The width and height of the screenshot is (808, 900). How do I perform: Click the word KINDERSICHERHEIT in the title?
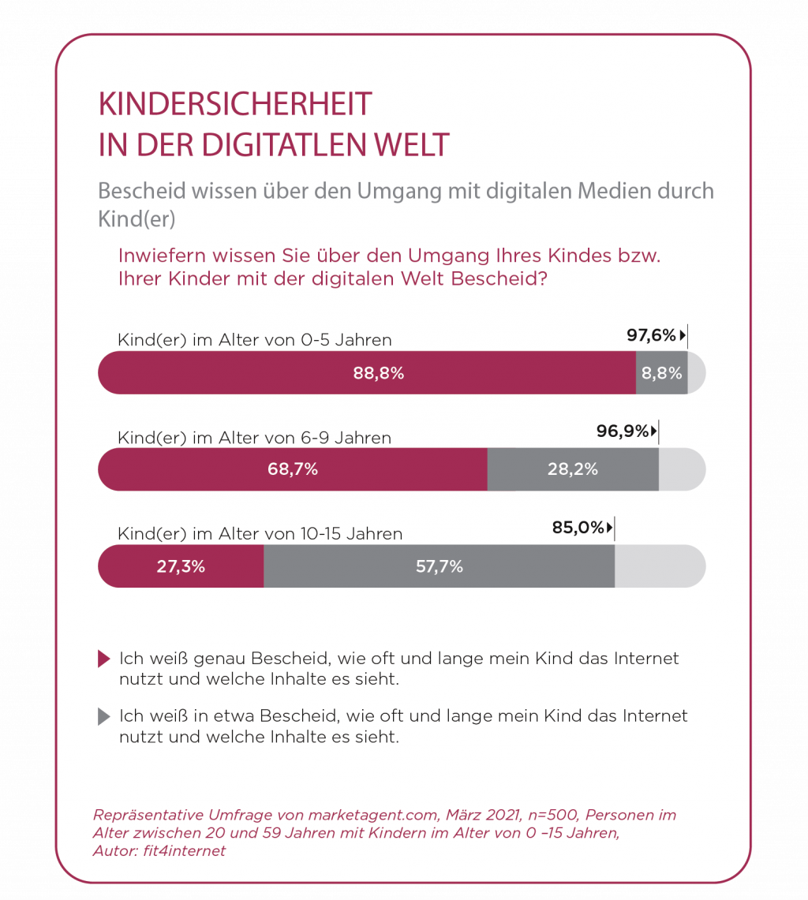234,105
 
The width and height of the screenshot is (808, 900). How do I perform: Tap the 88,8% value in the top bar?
379,373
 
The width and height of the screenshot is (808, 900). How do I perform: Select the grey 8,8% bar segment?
661,373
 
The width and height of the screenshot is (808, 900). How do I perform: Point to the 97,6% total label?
652,335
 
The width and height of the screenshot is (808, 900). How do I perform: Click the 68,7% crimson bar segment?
293,469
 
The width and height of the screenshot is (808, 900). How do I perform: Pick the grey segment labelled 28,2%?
573,469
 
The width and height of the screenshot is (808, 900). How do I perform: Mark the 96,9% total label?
623,431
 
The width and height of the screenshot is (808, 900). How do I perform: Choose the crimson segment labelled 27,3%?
181,566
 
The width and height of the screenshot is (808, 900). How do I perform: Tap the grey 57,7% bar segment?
439,566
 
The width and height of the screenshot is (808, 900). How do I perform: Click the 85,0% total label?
578,528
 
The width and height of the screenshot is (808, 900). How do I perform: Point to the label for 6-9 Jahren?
254,437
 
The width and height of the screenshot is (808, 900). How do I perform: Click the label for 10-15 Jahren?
260,534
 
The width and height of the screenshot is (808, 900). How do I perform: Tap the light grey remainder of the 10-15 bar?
659,566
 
